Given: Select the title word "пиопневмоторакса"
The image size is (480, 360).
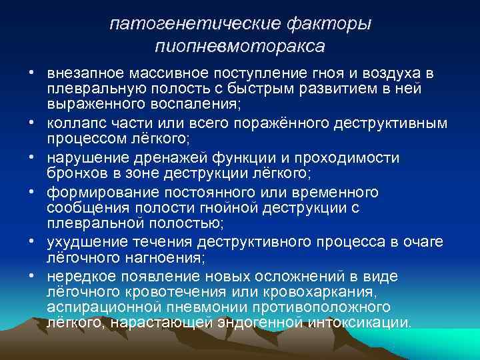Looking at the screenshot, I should click(x=240, y=47).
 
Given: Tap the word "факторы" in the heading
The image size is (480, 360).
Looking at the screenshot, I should click(x=331, y=24).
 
